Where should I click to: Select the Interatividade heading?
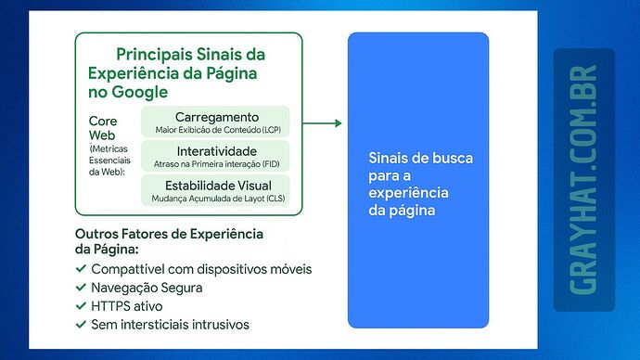click(216, 150)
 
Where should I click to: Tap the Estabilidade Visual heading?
click(215, 185)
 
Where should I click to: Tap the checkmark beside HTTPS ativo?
click(81, 306)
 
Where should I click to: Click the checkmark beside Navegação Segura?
click(81, 288)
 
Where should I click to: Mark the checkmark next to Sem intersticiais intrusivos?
click(81, 325)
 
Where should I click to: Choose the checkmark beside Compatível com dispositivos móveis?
click(81, 269)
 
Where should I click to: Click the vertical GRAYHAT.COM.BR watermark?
click(583, 180)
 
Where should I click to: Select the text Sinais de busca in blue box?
click(420, 159)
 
